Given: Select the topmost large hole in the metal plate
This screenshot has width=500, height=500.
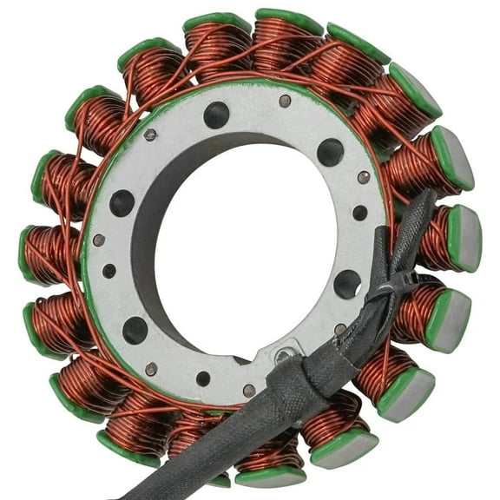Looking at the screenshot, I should (x=216, y=115).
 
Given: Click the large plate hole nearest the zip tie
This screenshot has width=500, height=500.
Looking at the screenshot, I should (x=347, y=284).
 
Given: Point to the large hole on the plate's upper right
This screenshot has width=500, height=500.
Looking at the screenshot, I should (x=330, y=153).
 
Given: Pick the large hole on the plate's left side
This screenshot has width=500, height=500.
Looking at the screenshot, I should (x=122, y=203).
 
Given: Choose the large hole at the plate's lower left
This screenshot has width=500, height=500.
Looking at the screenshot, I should (x=135, y=330).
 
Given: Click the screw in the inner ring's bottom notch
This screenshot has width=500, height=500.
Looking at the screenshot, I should (x=283, y=356).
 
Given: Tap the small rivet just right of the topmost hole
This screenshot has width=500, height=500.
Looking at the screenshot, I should (x=285, y=102).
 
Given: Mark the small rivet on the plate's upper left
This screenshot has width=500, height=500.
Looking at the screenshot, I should (x=150, y=135).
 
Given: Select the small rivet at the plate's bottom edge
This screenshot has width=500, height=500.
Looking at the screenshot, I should (x=249, y=390).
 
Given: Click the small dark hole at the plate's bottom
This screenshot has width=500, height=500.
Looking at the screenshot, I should (x=202, y=378).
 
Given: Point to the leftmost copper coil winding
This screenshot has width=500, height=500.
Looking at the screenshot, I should (x=48, y=252).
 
